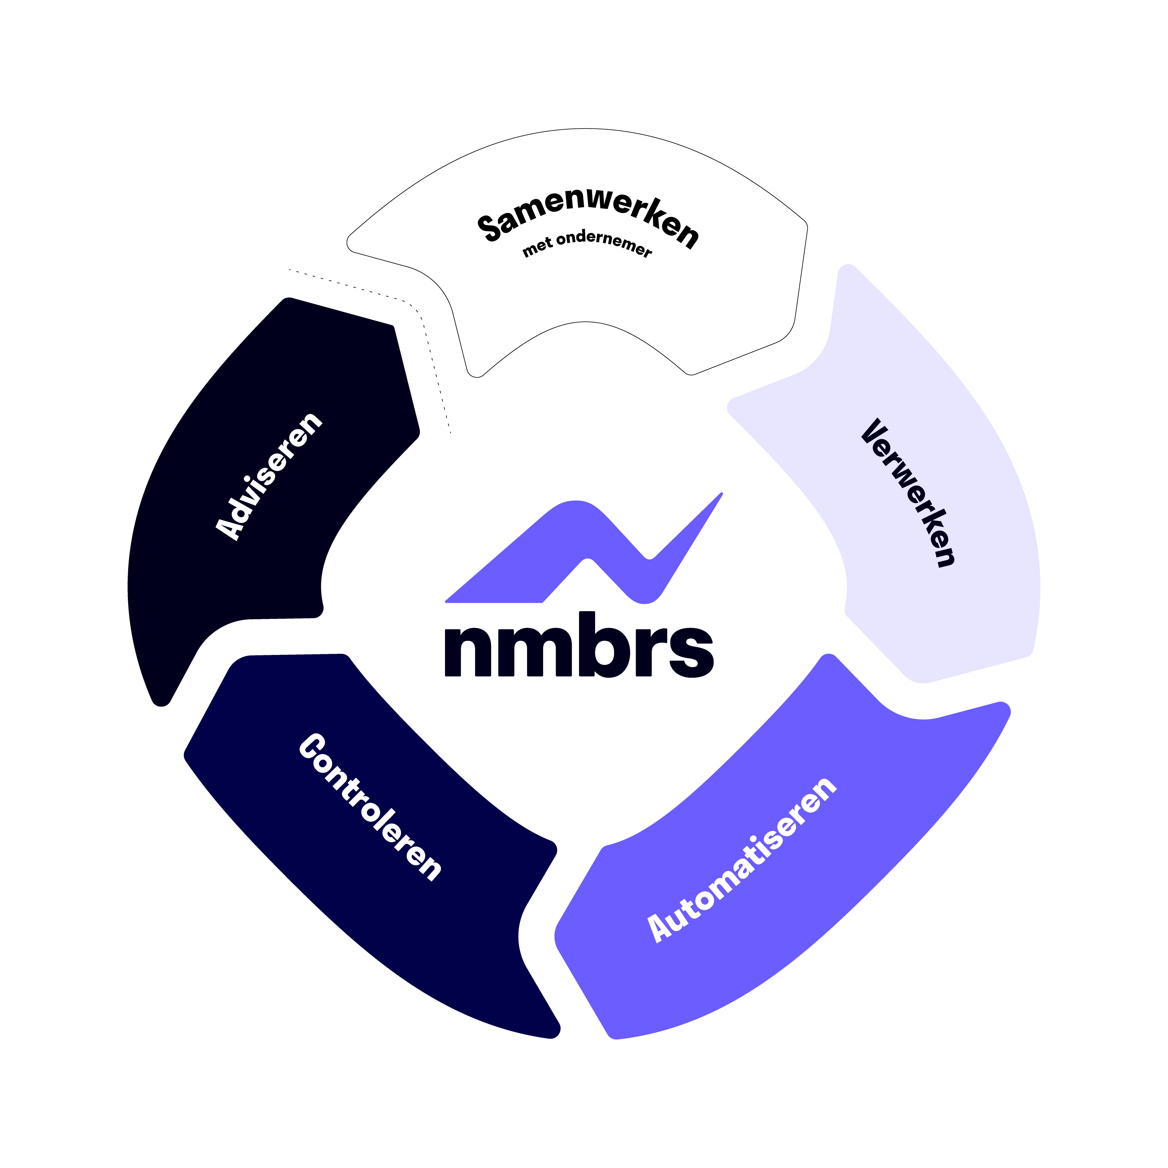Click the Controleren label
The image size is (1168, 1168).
coord(370,807)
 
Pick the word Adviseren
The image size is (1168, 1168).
coord(269,476)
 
